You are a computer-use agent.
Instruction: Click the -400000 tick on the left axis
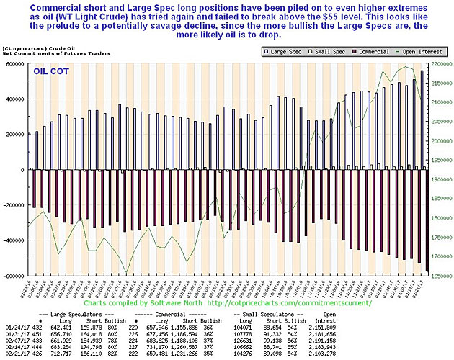point(14,240)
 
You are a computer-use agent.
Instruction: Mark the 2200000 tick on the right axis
point(441,63)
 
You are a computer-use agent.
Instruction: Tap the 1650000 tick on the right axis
point(441,276)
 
